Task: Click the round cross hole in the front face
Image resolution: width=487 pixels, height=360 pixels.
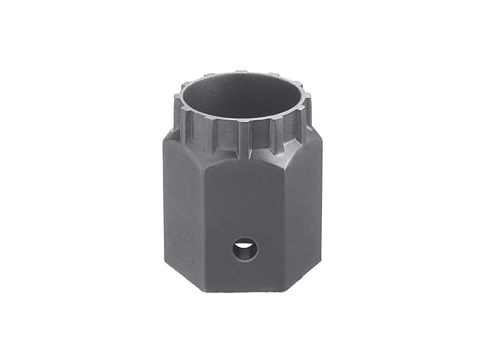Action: [x=245, y=249]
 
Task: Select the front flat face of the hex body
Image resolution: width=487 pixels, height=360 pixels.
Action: [x=243, y=211]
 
